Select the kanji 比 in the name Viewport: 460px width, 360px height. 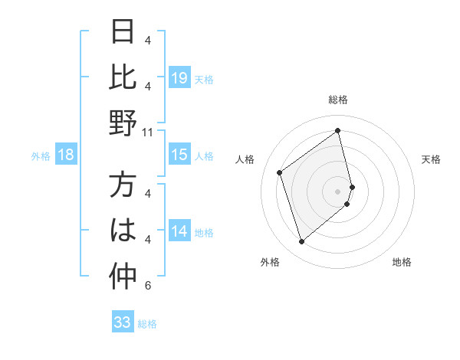123,78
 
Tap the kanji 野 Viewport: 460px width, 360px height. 123,123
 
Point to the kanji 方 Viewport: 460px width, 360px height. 123,186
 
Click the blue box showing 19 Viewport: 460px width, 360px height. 179,78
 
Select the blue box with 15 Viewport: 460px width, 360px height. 179,155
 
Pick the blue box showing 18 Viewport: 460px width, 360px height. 66,155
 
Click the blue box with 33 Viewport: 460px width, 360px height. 123,323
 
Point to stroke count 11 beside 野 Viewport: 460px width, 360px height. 149,133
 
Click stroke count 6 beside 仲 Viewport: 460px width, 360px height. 148,286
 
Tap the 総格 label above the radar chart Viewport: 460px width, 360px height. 338,100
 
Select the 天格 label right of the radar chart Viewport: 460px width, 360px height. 432,159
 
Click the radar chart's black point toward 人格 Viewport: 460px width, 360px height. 280,173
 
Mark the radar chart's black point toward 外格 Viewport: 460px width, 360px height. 301,242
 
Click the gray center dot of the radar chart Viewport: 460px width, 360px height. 338,190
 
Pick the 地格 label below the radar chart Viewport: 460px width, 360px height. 402,263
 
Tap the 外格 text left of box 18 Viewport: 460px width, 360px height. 41,156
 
